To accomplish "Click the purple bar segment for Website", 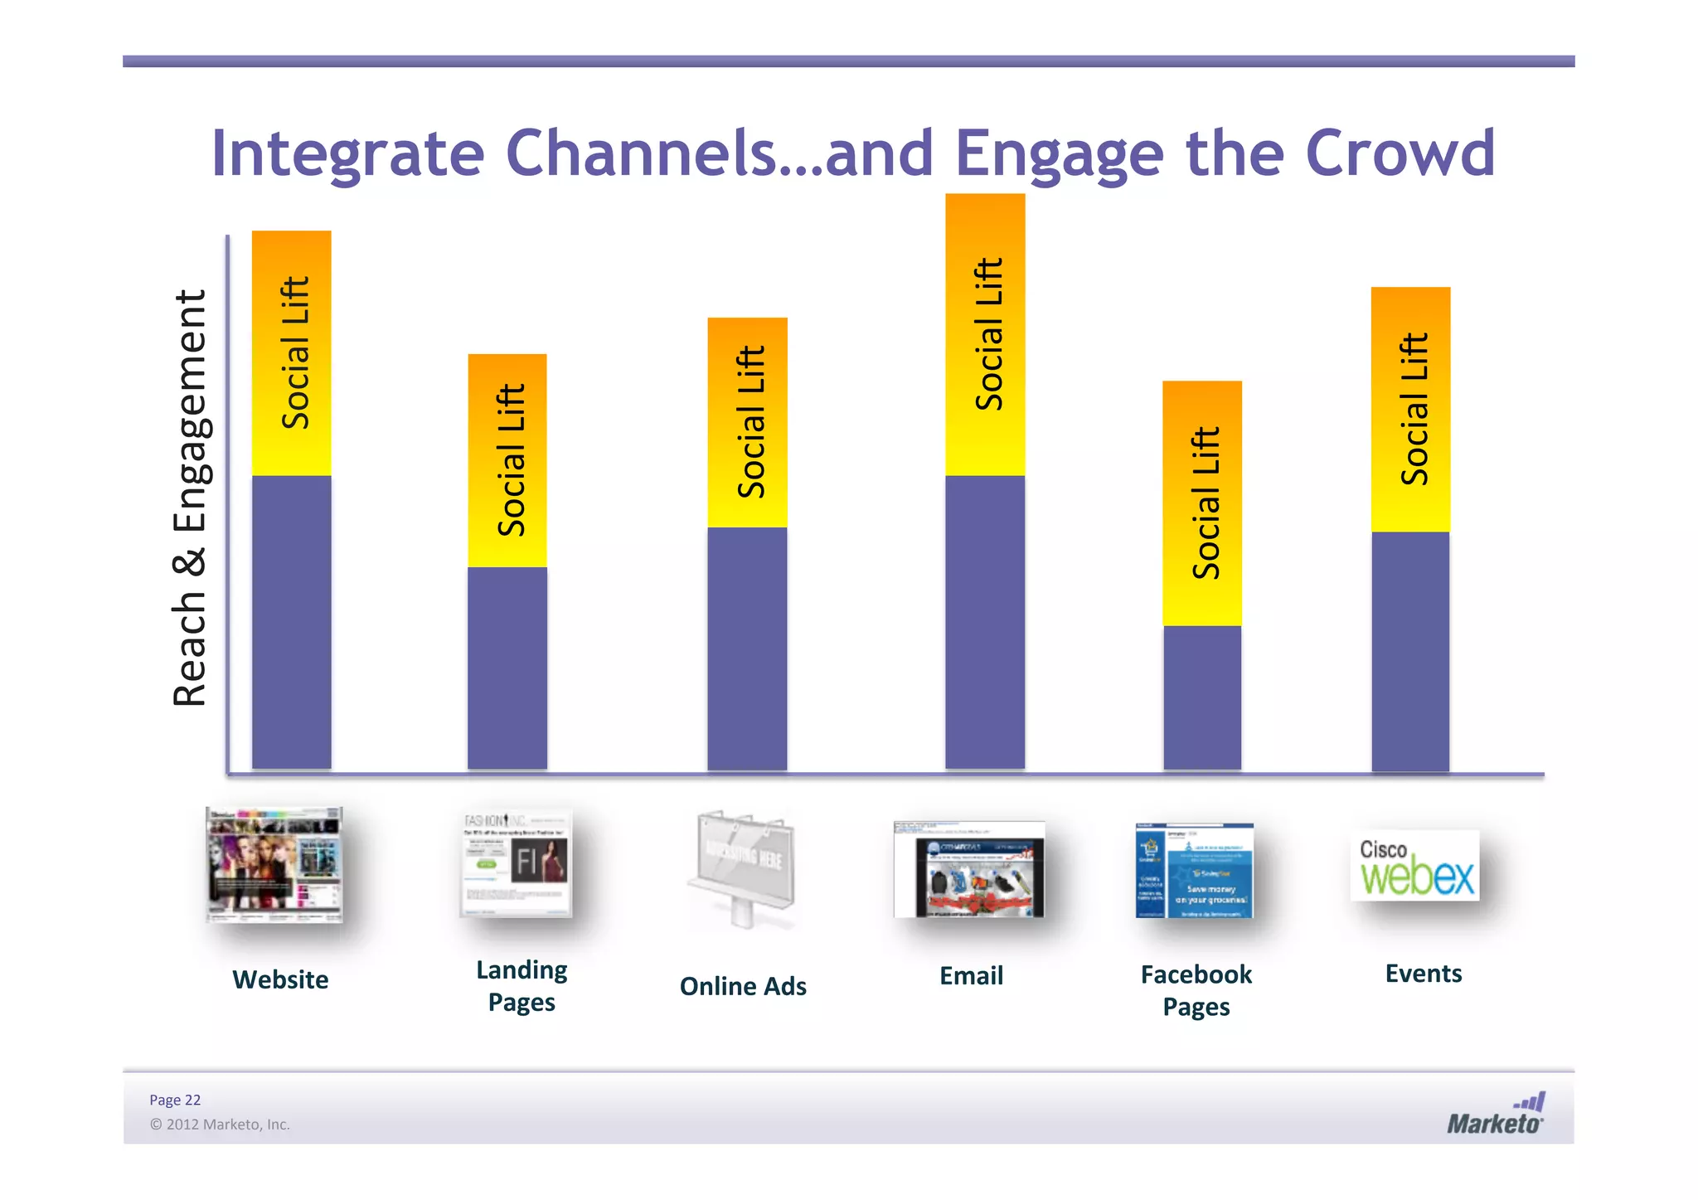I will pyautogui.click(x=291, y=622).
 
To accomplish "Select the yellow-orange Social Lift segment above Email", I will pyautogui.click(x=985, y=334).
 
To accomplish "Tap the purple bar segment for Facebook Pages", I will pyautogui.click(x=1202, y=697).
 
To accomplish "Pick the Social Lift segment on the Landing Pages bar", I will pyautogui.click(x=507, y=460).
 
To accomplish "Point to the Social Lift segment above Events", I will pyautogui.click(x=1411, y=409).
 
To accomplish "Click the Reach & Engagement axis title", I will pyautogui.click(x=190, y=498).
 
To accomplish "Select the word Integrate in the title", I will pyautogui.click(x=347, y=153).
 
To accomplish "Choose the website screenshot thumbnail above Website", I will pyautogui.click(x=274, y=865).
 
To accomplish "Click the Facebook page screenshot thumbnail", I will pyautogui.click(x=1195, y=871).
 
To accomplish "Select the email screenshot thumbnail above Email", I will pyautogui.click(x=969, y=869).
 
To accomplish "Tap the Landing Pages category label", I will pyautogui.click(x=522, y=985).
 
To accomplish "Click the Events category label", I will pyautogui.click(x=1423, y=973).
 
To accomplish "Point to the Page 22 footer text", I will pyautogui.click(x=175, y=1100).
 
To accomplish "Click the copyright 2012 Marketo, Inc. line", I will pyautogui.click(x=220, y=1125).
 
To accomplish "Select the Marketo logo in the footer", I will pyautogui.click(x=1496, y=1114).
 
